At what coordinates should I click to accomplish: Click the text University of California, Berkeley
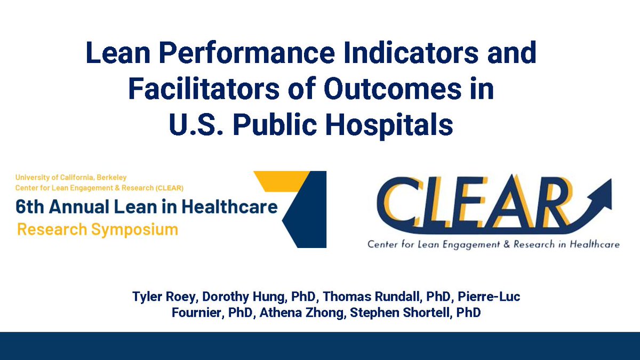(71, 178)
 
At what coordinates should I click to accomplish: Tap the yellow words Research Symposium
(98, 230)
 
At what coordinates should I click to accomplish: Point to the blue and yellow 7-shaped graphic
(299, 208)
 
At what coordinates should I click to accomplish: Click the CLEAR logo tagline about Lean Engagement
(493, 244)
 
